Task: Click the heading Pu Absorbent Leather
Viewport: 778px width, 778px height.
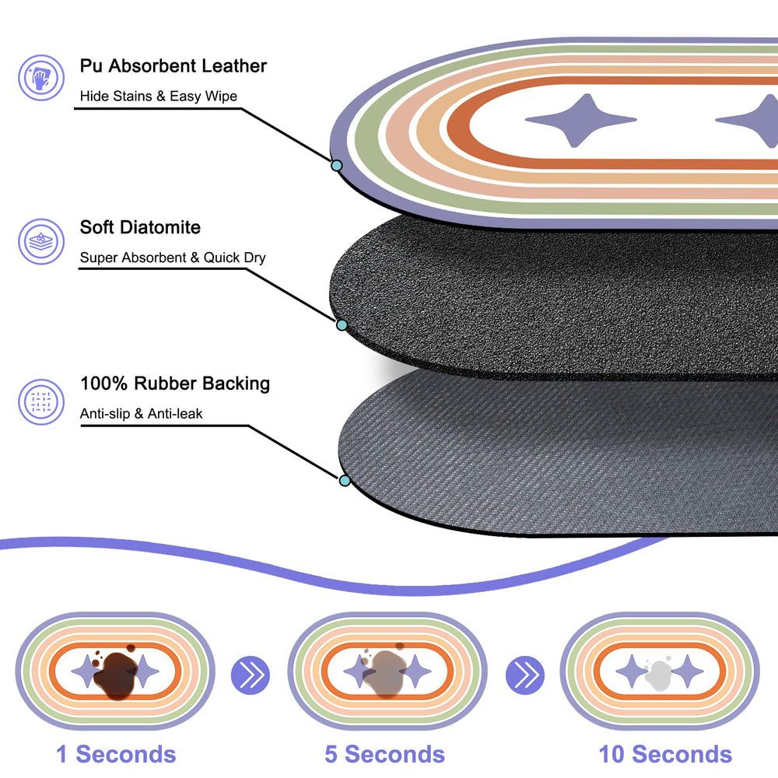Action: coord(173,66)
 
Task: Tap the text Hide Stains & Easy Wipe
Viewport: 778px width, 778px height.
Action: coord(158,96)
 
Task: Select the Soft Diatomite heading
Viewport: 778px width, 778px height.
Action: coord(140,227)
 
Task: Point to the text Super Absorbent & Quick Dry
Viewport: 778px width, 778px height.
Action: coord(173,258)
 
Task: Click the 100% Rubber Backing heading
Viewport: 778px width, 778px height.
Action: coord(175,384)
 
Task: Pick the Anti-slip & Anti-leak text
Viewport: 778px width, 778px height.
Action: coord(142,413)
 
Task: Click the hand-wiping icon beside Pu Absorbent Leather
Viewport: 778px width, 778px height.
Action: coord(41,78)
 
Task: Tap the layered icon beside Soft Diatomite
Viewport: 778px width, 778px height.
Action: coord(41,242)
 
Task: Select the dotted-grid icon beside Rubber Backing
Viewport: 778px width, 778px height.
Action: coord(41,402)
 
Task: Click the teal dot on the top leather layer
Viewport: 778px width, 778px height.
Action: coord(336,165)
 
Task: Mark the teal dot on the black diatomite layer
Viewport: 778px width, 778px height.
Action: coord(342,325)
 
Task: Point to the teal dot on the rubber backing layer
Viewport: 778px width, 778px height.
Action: coord(345,480)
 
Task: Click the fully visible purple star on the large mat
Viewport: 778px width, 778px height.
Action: coord(580,120)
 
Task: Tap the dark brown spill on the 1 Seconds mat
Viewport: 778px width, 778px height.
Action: coord(115,674)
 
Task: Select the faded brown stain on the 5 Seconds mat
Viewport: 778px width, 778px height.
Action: coord(386,672)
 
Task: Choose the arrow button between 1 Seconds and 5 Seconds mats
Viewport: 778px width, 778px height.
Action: coord(251,675)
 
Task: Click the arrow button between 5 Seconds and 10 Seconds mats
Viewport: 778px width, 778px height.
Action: coord(525,675)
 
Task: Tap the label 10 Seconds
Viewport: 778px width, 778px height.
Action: coord(665,754)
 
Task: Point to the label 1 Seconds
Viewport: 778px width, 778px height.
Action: coord(116,754)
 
